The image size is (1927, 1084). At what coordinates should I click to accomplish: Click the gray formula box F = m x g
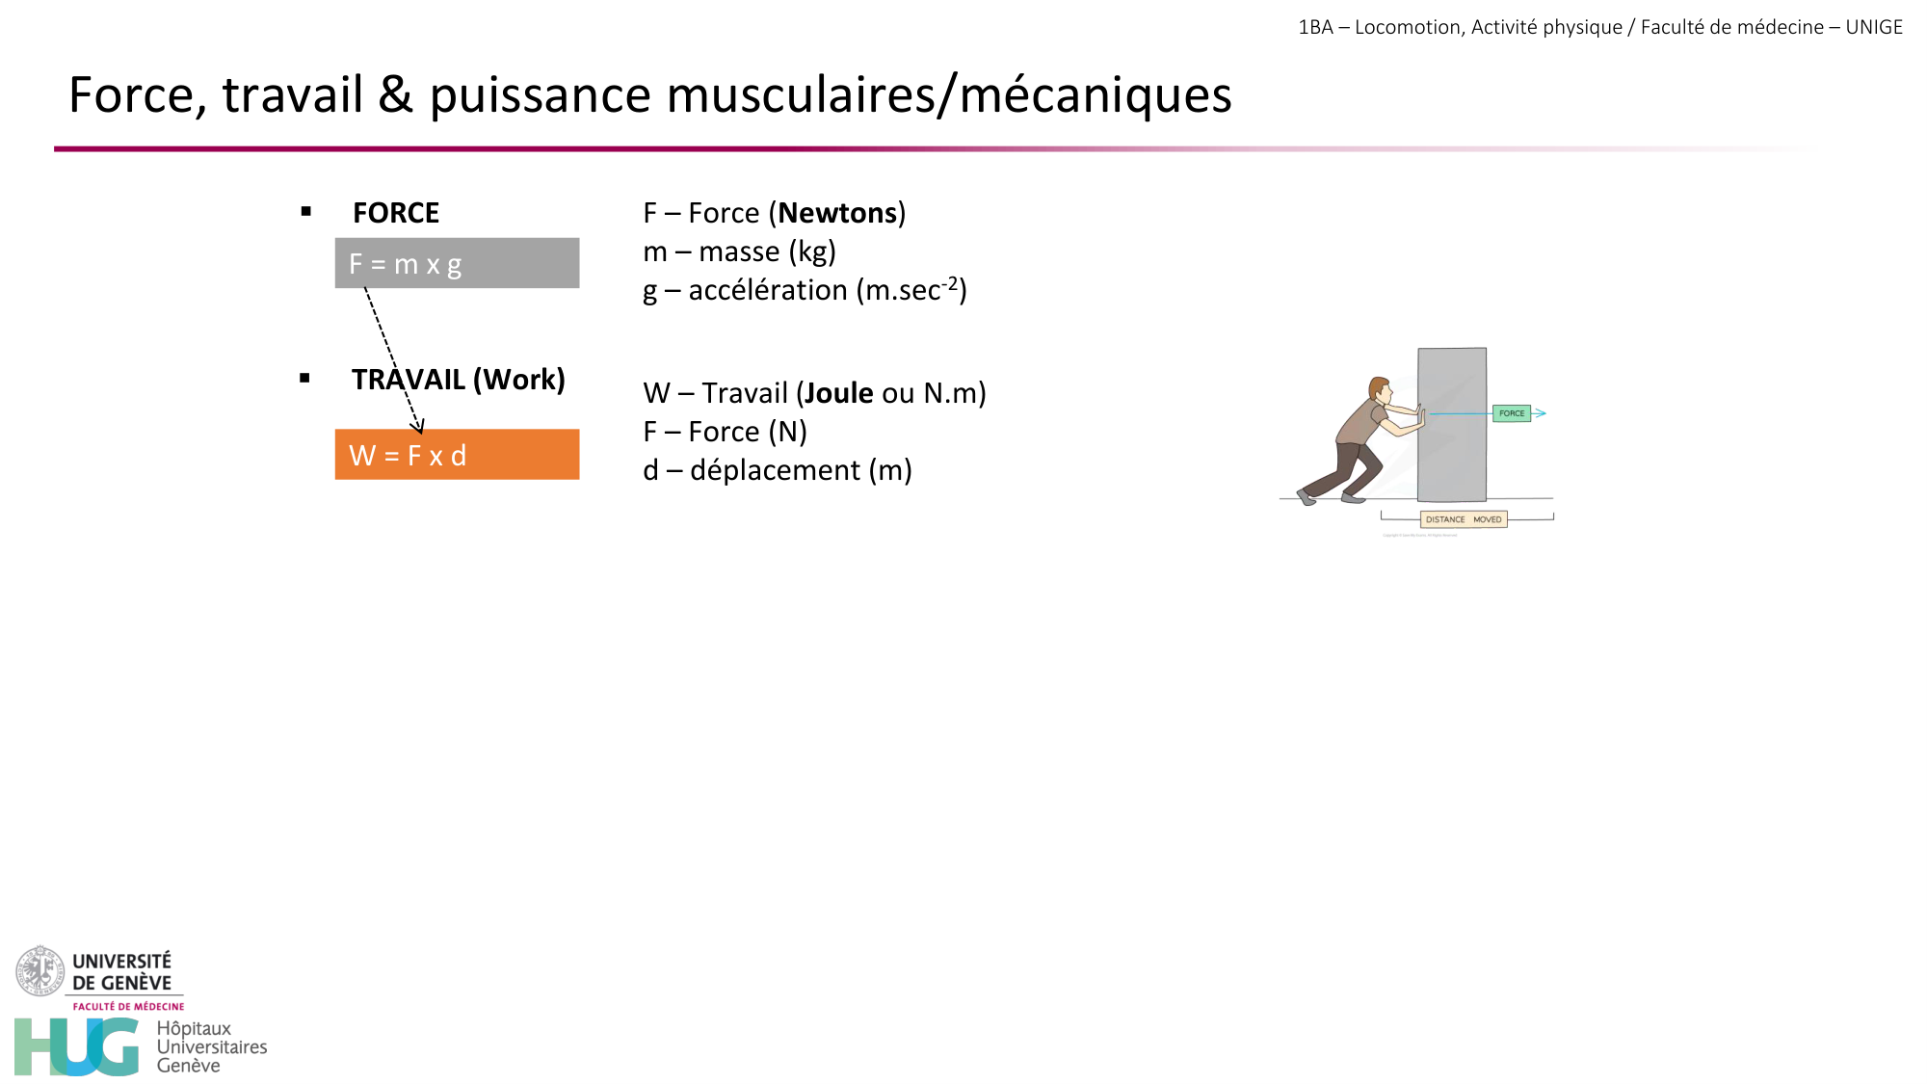[x=457, y=263]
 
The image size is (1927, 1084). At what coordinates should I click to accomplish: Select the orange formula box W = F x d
[x=457, y=455]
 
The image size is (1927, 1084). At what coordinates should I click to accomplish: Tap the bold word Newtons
[x=837, y=213]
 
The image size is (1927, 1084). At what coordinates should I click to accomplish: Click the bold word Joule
[x=838, y=393]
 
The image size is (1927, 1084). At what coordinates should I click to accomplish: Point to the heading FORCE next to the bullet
[x=396, y=213]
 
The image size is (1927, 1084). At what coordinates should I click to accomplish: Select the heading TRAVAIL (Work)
[x=459, y=380]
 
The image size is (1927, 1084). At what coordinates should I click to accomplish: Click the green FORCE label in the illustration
[x=1512, y=413]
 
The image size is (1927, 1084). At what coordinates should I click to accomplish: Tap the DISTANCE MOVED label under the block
[x=1464, y=519]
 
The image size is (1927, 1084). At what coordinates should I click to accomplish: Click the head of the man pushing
[x=1380, y=389]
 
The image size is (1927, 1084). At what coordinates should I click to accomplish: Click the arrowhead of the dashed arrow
[x=418, y=427]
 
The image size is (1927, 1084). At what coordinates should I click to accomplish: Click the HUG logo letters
[x=77, y=1046]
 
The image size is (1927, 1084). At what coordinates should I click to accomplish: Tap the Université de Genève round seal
[x=40, y=970]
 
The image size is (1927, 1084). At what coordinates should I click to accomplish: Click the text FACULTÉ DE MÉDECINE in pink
[x=128, y=1006]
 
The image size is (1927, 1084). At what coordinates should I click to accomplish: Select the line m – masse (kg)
[x=739, y=251]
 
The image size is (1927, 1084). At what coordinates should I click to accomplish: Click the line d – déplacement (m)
[x=777, y=470]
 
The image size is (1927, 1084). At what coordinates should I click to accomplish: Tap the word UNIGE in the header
[x=1874, y=27]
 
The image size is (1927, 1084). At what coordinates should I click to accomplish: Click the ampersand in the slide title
[x=395, y=95]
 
